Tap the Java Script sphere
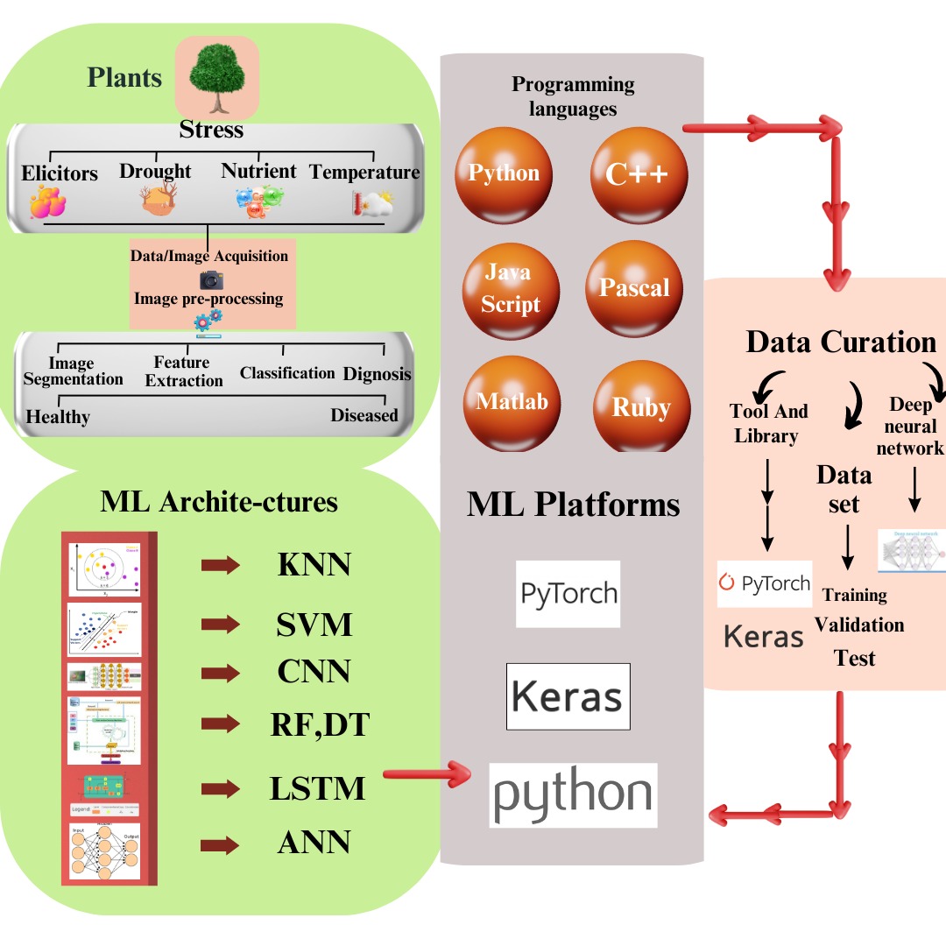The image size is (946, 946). coord(512,290)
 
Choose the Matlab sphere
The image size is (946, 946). coord(512,403)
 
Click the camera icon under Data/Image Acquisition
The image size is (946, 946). coord(211,279)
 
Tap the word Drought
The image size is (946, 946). coord(155,171)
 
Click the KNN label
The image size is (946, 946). coord(314,566)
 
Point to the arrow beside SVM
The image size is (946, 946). coord(220,625)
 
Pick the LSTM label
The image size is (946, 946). coord(316,788)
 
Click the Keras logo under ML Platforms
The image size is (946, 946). coord(567,696)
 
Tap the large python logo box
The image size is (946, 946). coord(573,794)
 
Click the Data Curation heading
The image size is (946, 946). coord(841,342)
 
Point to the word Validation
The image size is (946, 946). coord(859,625)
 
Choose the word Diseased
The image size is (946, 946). coord(364,415)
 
